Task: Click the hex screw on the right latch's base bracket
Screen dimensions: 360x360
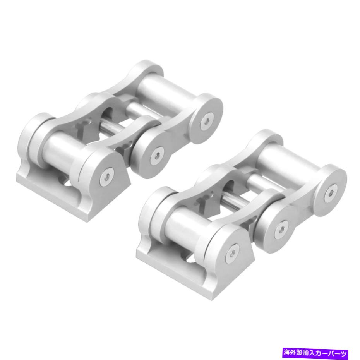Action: pyautogui.click(x=232, y=253)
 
